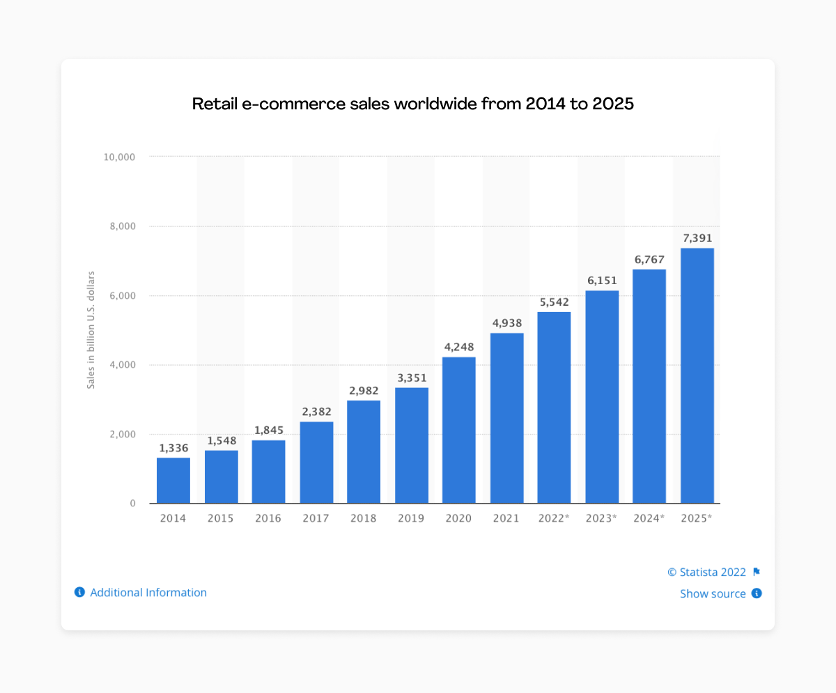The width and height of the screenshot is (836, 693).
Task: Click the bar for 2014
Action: (173, 480)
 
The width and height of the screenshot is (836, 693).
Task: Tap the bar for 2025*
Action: (697, 375)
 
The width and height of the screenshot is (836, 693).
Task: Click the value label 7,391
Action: (697, 238)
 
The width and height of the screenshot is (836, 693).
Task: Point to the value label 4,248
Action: (459, 347)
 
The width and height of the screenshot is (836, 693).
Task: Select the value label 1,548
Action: (221, 441)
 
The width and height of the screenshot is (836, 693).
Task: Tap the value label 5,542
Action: (554, 302)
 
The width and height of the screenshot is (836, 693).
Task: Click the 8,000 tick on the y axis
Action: (121, 226)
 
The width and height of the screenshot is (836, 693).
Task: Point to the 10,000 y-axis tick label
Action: (118, 157)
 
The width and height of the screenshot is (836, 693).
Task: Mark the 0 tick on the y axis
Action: (132, 504)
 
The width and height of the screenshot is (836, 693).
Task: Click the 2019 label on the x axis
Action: (411, 519)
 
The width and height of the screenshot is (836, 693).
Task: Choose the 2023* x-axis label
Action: (601, 519)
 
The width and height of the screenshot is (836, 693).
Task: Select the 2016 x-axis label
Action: (268, 519)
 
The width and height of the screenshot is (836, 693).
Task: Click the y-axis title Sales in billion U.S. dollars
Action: (91, 329)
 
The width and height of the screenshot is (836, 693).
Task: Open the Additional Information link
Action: (148, 593)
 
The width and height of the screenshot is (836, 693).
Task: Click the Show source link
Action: (713, 594)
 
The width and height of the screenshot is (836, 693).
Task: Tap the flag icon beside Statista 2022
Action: (757, 573)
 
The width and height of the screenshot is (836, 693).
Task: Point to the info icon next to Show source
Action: (757, 594)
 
